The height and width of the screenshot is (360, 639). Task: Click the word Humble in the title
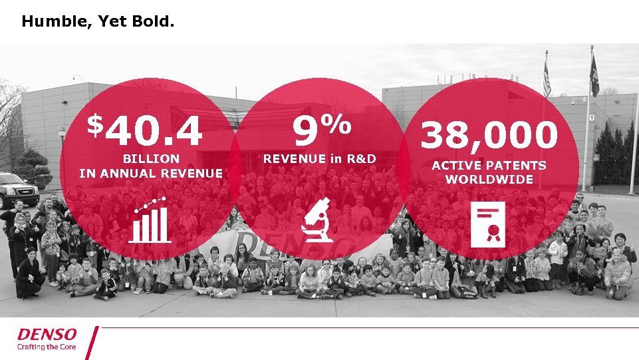47,22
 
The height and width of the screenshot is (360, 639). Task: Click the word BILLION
151,159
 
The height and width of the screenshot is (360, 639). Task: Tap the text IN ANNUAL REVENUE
151,174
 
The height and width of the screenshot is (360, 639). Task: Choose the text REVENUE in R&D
319,159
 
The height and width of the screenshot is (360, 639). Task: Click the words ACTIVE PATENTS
489,165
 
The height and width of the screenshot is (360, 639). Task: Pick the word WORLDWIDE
489,180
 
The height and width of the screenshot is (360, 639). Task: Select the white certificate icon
488,222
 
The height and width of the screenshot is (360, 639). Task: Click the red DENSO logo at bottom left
47,333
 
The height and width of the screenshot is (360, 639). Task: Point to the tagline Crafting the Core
47,347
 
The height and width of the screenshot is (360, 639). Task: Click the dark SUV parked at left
18,189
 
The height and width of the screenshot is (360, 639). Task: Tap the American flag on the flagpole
547,79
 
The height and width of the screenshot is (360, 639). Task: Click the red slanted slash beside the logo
92,343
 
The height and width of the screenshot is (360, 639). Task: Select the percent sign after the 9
338,122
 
